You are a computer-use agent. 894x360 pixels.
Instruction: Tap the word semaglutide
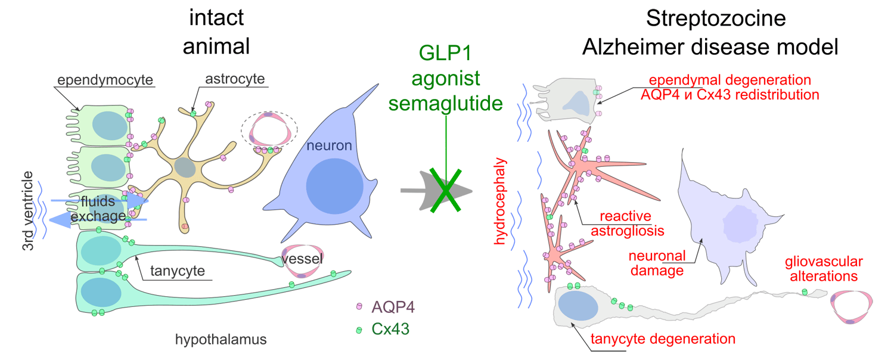tap(445, 104)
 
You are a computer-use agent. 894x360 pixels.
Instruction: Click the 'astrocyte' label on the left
tap(235, 79)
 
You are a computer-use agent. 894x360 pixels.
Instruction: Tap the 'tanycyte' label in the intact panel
tap(177, 271)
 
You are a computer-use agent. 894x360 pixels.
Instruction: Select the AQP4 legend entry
tap(392, 307)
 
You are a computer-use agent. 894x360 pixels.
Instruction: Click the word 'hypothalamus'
tap(221, 340)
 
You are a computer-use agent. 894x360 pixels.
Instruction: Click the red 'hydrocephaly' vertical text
tap(501, 203)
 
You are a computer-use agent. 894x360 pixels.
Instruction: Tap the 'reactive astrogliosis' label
tap(625, 223)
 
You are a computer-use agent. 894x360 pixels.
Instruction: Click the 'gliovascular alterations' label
tap(824, 269)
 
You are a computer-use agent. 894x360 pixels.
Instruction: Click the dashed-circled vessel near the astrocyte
tap(269, 131)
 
